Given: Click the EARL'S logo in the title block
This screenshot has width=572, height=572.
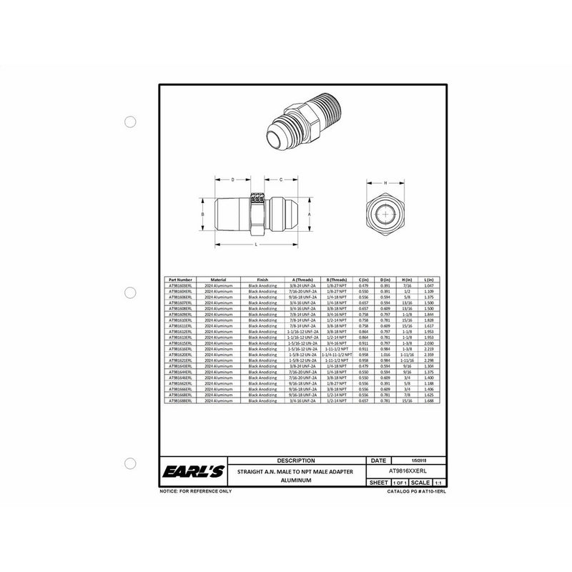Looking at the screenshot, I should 185,472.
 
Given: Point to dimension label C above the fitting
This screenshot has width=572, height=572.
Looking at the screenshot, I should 281,179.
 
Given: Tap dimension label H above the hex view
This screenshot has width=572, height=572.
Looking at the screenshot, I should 386,183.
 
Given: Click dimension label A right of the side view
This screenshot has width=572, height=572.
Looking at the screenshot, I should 308,213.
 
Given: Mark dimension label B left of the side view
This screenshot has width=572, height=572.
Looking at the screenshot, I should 203,213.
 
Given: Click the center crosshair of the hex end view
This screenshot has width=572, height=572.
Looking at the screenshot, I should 386,214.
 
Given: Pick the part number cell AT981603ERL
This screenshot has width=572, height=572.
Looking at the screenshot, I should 179,285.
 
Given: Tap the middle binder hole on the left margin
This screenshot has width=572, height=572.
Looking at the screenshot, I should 130,293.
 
